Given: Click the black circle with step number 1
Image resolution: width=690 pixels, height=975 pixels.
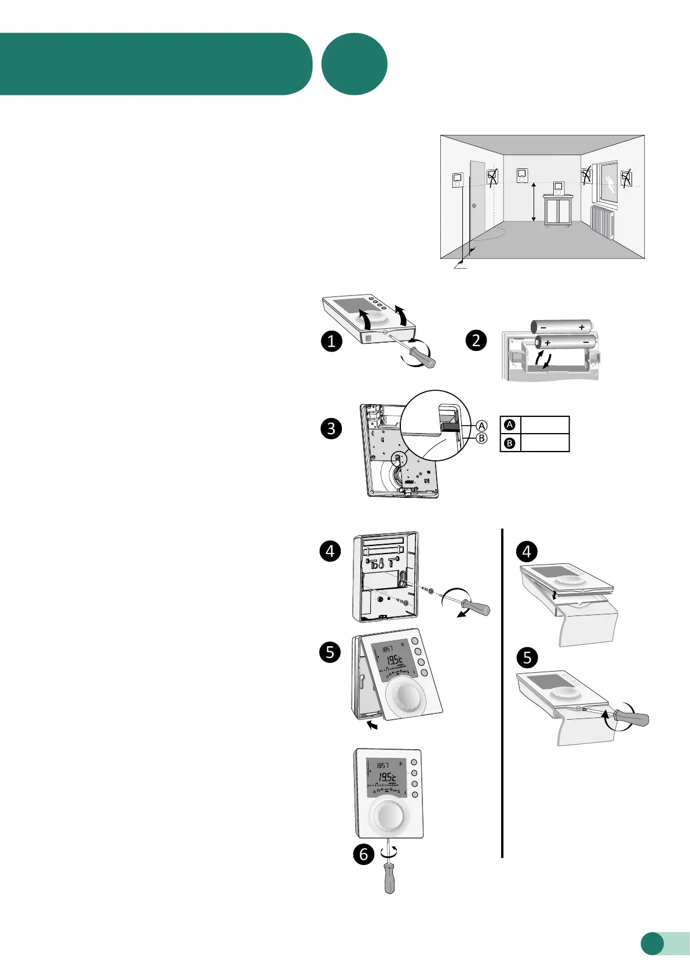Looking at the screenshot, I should [331, 341].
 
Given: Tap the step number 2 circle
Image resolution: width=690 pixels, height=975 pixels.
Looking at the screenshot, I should [476, 340].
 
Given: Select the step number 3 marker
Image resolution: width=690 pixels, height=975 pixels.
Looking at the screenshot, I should [331, 428].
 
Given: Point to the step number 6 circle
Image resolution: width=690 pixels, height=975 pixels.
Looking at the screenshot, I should [364, 853].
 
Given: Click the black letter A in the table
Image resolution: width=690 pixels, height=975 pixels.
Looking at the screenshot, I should [510, 425].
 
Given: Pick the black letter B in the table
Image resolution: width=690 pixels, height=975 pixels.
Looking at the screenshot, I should [510, 443].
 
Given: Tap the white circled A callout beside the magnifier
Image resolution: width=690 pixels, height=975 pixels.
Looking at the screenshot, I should [481, 426].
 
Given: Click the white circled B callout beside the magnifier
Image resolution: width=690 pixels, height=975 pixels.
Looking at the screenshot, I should [481, 438].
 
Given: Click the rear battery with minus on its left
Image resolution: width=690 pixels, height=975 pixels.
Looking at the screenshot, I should [561, 327].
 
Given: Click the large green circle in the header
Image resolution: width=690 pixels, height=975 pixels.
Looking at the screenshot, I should [354, 64].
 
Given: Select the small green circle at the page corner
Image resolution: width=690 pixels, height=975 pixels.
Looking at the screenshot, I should [652, 943].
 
